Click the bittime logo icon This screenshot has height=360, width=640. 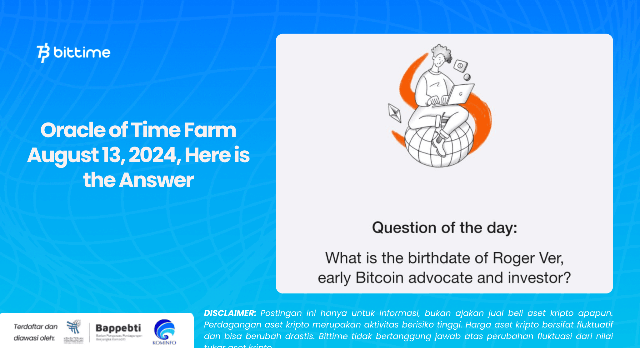[x=43, y=52]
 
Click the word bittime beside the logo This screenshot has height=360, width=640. [x=82, y=52]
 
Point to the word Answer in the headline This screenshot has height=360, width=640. [x=156, y=180]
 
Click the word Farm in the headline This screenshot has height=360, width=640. [x=210, y=130]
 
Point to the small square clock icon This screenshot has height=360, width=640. [x=460, y=66]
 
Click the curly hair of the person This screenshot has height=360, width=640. [x=442, y=52]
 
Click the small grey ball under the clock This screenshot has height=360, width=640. [x=467, y=77]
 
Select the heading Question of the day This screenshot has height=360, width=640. [x=444, y=227]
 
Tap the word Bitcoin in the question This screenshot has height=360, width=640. [x=379, y=278]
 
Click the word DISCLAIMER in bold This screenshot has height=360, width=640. [x=230, y=313]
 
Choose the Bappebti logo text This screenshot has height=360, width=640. [x=118, y=328]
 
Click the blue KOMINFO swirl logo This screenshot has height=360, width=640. [x=164, y=330]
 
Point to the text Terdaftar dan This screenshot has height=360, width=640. [x=36, y=327]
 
